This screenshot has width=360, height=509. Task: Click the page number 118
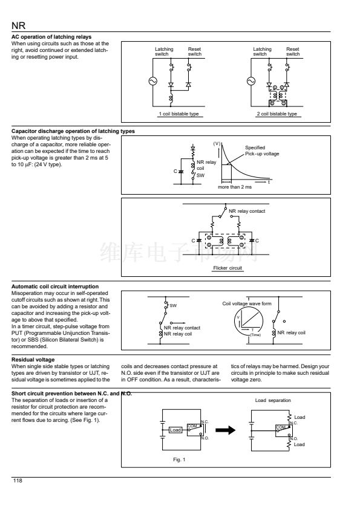pos(18,481)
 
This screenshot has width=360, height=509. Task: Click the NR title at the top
pos(18,25)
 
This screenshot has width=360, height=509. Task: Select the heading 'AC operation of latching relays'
pos(51,37)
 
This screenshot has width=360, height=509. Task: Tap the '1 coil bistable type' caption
pos(178,114)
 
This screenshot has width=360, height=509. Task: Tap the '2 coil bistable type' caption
pos(277,114)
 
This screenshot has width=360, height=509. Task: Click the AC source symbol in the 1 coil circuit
pos(152,81)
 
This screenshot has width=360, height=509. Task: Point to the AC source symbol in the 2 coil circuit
pos(251,81)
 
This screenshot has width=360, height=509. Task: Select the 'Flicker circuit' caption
pos(227,268)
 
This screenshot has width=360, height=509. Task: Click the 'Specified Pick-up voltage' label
pos(262,151)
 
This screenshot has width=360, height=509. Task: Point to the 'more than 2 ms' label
pos(235,187)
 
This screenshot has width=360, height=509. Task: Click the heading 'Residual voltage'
pos(33,359)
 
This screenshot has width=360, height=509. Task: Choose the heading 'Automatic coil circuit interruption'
pos(55,287)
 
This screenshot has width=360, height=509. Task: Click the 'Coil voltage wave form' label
pos(247,303)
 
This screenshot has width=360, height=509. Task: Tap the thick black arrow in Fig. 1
pos(226,430)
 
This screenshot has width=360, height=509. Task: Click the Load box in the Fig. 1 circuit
pos(175,430)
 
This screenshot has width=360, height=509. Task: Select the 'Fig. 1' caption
pos(179,459)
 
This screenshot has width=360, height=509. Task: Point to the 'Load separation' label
pos(273,400)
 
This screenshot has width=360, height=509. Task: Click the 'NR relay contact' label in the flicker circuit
pos(247,211)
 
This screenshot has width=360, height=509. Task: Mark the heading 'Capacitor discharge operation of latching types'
pos(73,131)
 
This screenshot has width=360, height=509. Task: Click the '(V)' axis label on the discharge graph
pos(217,143)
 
